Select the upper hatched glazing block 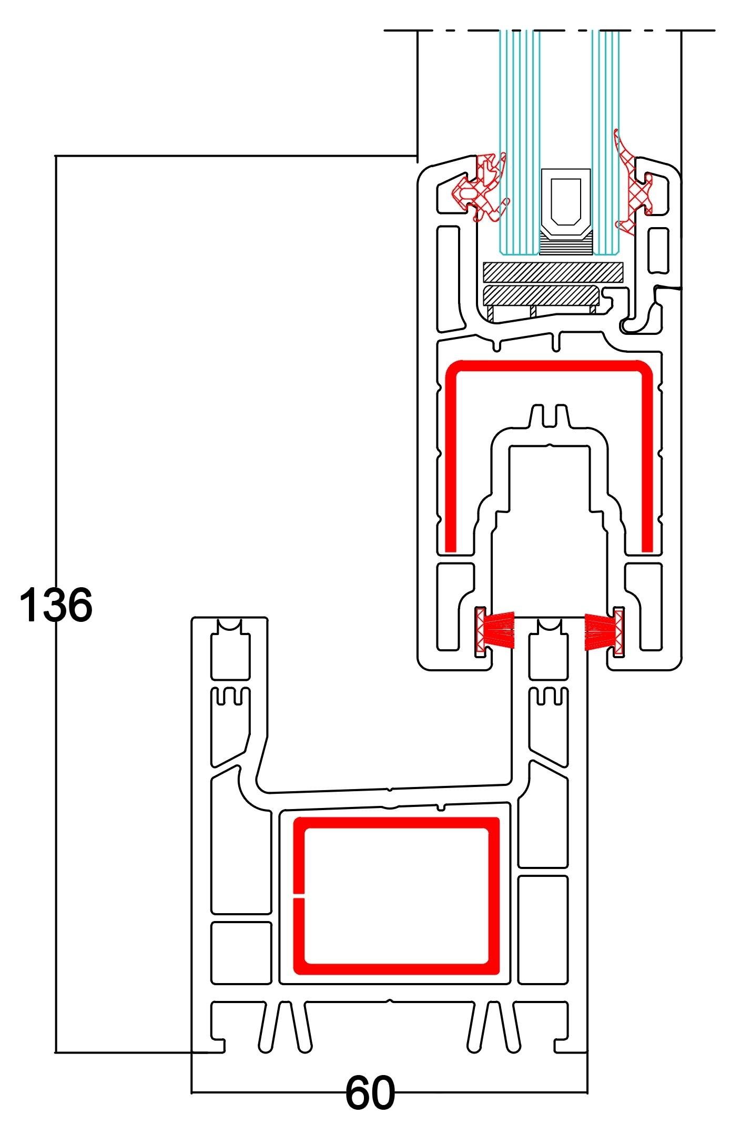coord(553,272)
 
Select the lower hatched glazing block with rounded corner coord(541,295)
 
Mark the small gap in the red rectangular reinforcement coord(299,895)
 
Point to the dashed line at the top coord(550,30)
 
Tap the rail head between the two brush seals coord(549,626)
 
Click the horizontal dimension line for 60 coord(389,1092)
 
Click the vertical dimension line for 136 coord(56,604)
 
